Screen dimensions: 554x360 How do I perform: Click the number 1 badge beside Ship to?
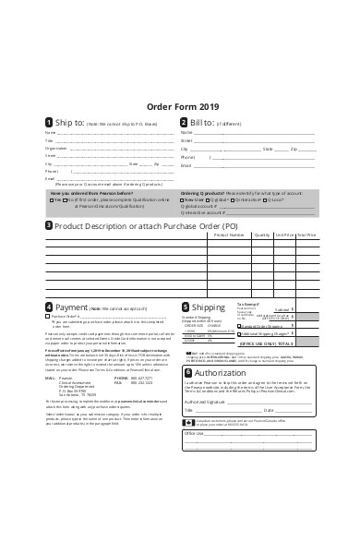pos(48,122)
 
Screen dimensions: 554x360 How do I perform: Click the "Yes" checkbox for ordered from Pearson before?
pos(53,199)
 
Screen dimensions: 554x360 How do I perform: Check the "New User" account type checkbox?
pos(184,199)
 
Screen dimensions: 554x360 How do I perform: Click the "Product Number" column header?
pos(228,235)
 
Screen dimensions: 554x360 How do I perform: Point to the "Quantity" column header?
pos(261,235)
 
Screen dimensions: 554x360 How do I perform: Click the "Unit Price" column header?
pos(284,235)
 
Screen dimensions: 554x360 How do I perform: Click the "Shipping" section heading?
pos(208,307)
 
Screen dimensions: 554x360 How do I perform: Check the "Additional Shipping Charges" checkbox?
pos(239,335)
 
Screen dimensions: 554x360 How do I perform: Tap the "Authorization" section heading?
pos(221,372)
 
